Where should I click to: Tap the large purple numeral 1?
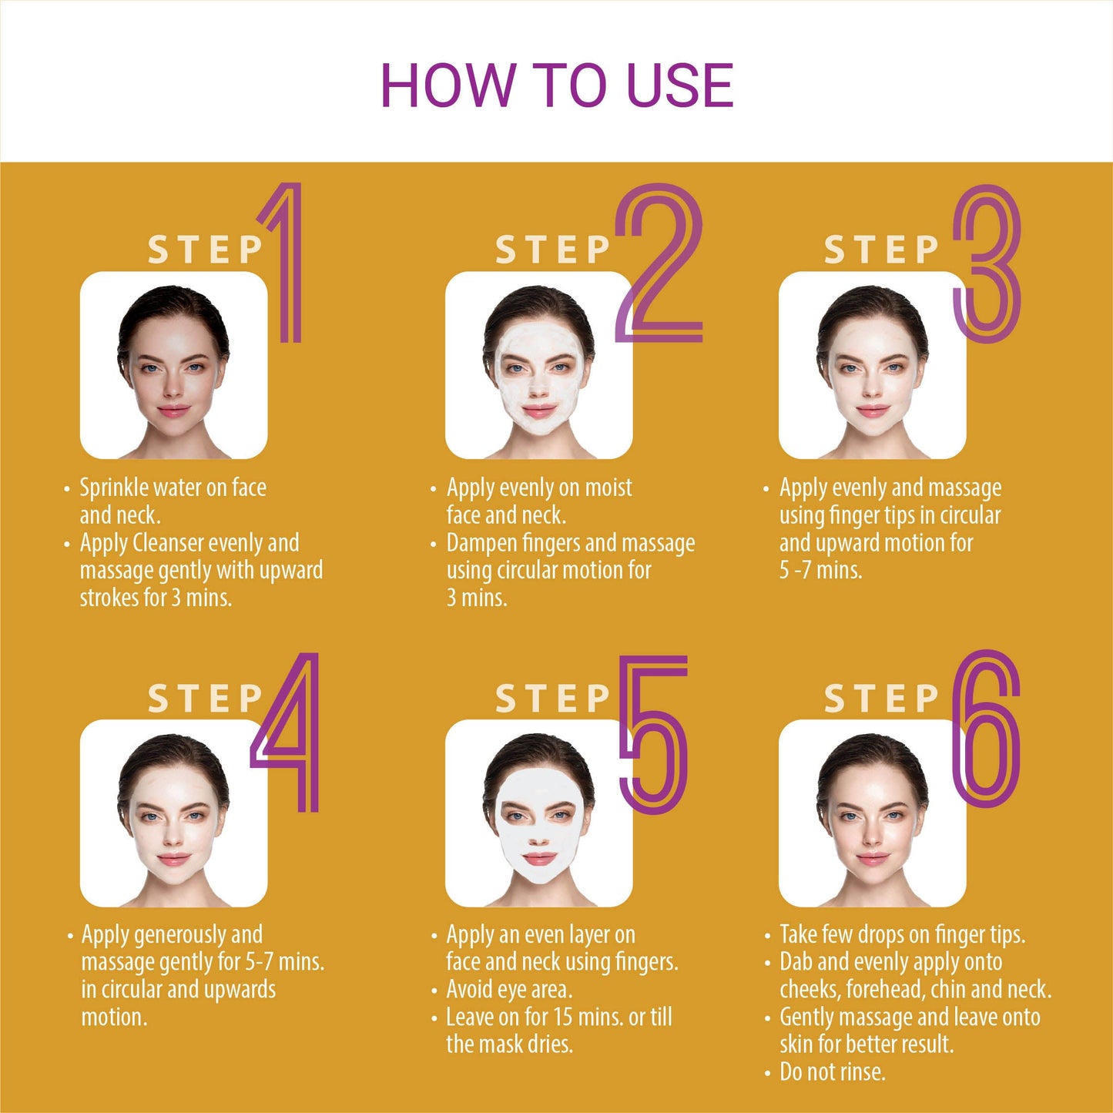click(290, 263)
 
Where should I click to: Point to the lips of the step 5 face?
click(538, 858)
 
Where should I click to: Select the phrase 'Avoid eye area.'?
click(509, 990)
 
